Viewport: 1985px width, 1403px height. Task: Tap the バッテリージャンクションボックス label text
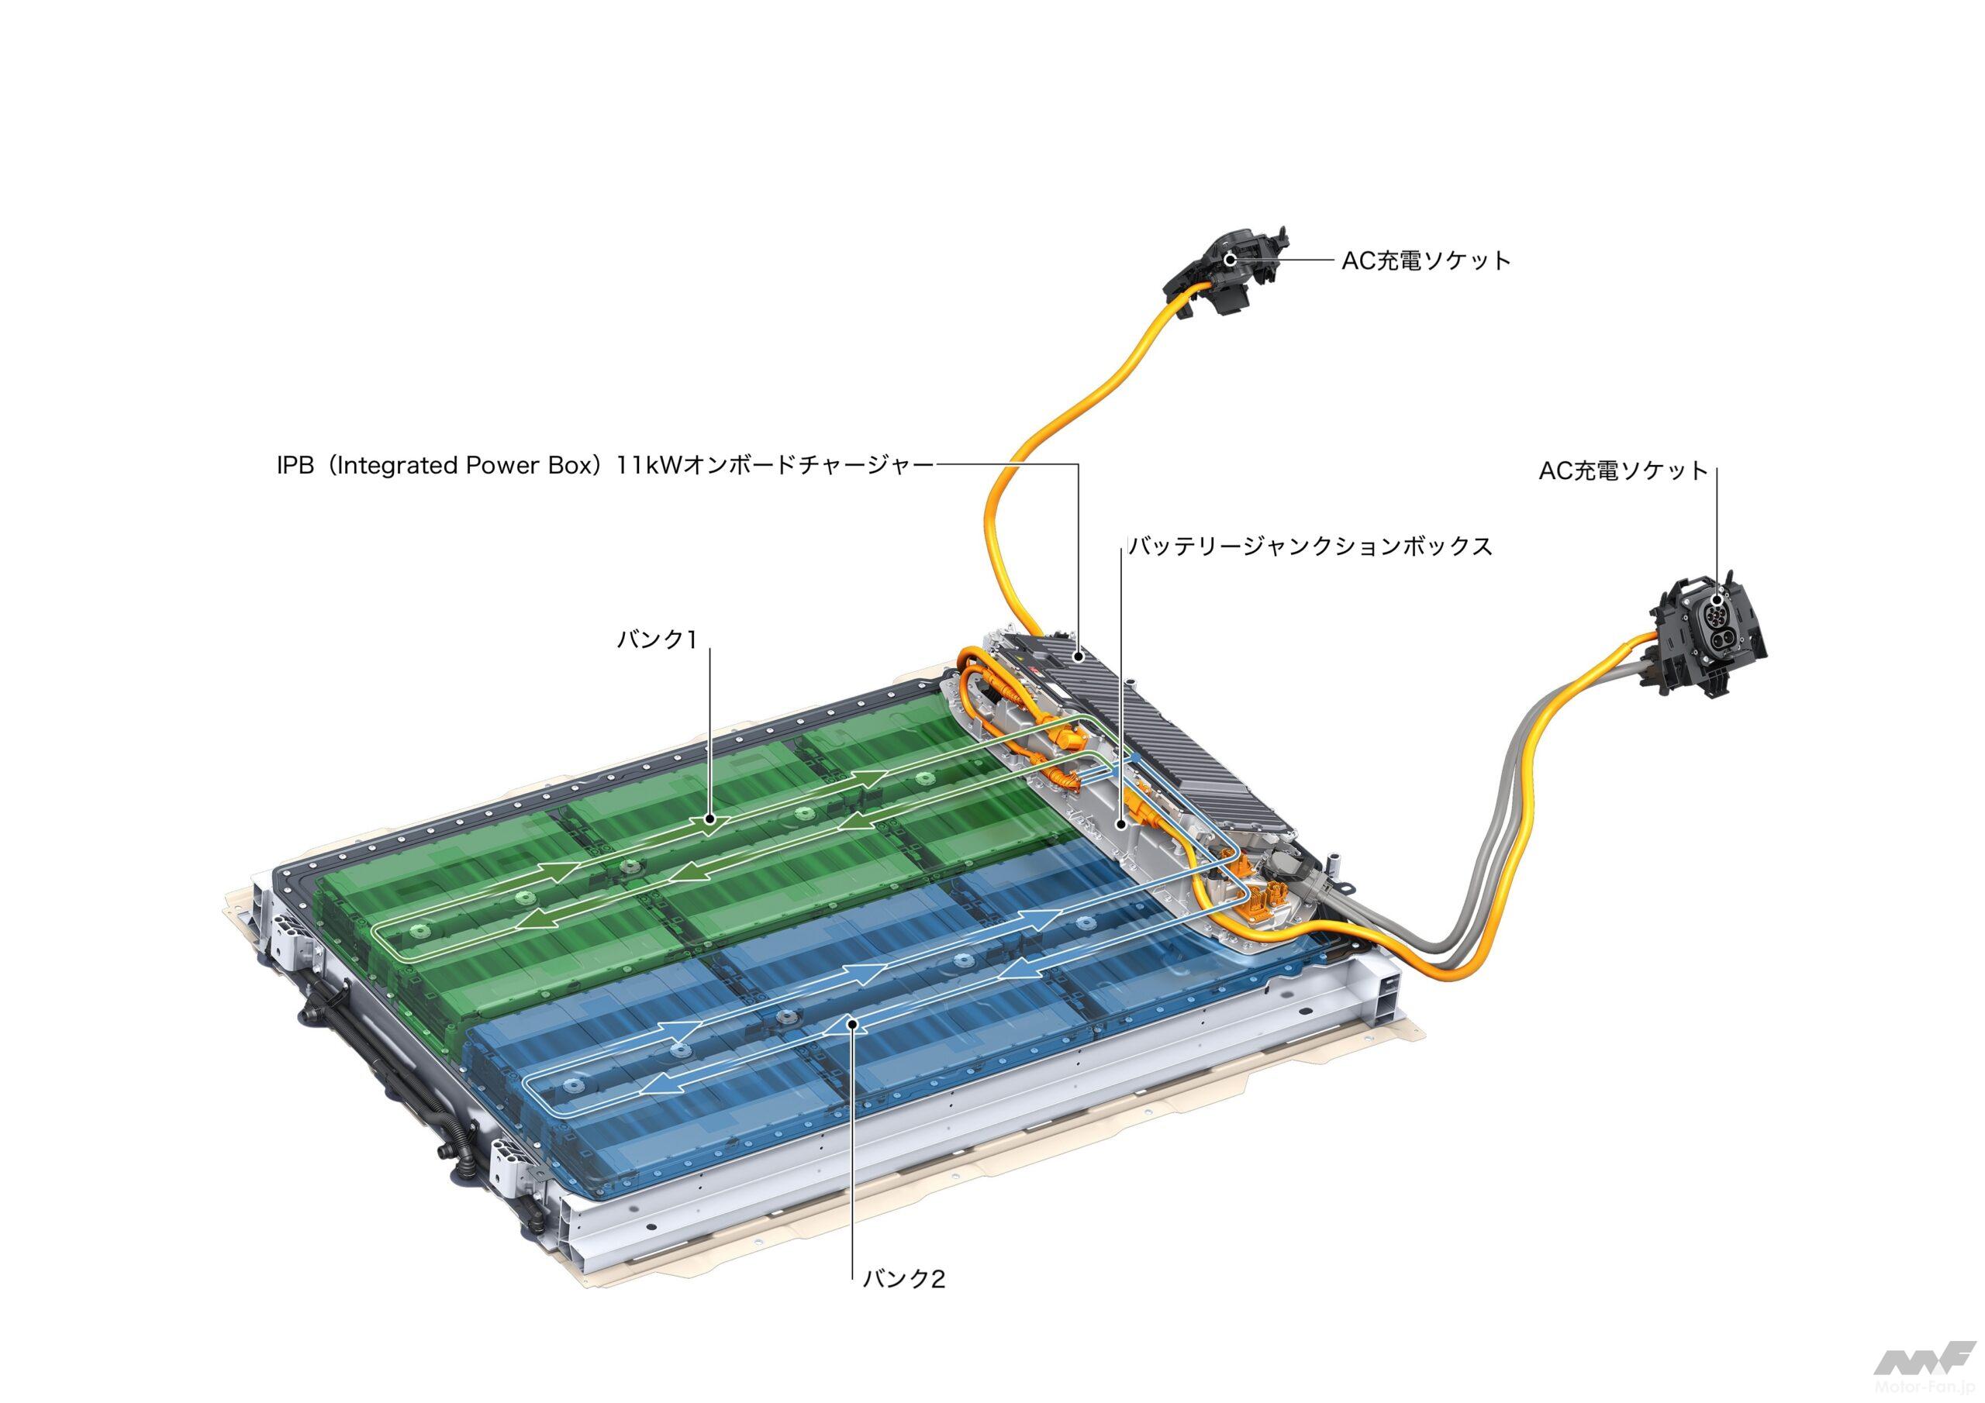[x=1310, y=546]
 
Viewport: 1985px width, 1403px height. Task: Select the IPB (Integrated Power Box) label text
[x=444, y=466]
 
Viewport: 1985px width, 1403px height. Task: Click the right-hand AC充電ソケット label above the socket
[x=1624, y=471]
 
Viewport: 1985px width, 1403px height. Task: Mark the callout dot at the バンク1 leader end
[x=709, y=818]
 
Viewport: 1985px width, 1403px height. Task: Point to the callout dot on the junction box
[x=1121, y=825]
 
